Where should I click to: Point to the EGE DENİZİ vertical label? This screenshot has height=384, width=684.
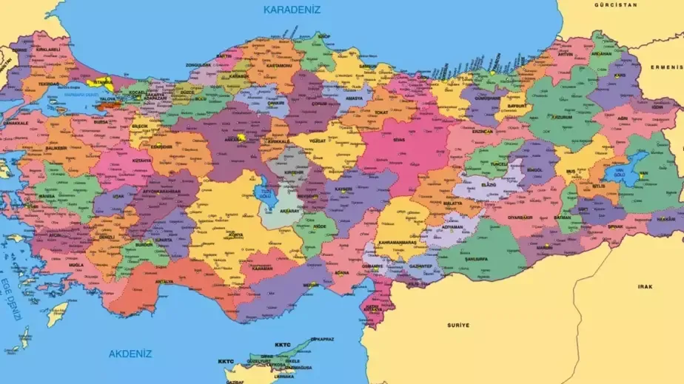(10, 299)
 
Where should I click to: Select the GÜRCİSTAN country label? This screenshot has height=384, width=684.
(615, 4)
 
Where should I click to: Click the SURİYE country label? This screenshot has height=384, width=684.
(458, 325)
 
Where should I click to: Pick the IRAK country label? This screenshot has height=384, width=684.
(645, 286)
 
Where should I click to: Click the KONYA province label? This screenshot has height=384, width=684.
(235, 235)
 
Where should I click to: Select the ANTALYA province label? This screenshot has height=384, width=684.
(164, 281)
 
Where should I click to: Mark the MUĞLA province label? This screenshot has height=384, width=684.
(76, 264)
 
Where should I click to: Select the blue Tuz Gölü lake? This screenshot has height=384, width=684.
(264, 195)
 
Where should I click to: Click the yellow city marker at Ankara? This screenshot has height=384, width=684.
(241, 138)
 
